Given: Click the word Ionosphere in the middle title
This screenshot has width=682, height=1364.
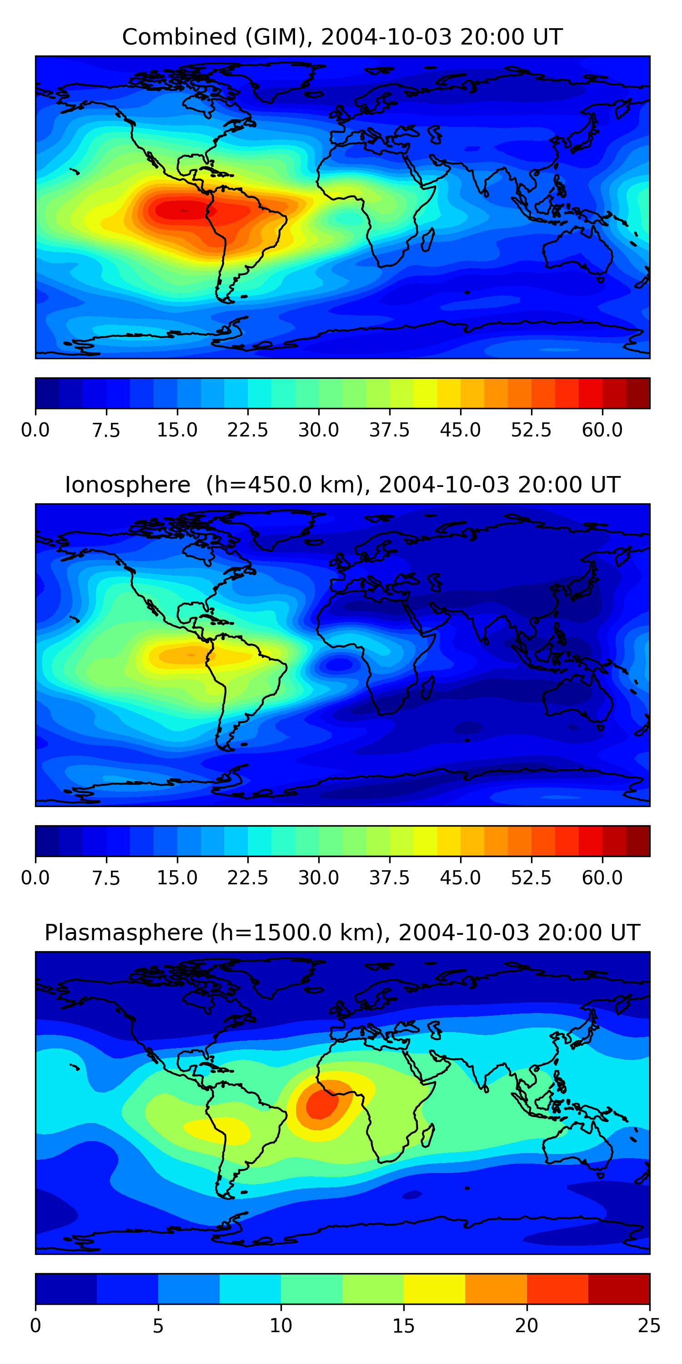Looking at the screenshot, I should tap(127, 485).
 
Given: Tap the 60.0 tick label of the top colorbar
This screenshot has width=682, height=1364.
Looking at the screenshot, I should tap(602, 430).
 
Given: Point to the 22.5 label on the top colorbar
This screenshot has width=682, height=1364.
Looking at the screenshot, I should tap(248, 430).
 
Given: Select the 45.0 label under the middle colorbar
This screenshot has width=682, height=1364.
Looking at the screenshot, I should tap(460, 878).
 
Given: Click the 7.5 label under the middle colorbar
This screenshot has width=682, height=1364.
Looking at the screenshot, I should tap(106, 878).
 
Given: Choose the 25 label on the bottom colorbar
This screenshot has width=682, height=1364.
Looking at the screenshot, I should tap(649, 1326).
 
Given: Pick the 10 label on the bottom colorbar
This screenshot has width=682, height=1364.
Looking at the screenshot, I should tap(281, 1326).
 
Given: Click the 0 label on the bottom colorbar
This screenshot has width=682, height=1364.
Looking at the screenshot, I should tap(35, 1326).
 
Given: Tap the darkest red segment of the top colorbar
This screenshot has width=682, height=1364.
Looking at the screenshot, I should tap(637, 393).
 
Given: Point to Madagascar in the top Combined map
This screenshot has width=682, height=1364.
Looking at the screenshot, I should tap(428, 239).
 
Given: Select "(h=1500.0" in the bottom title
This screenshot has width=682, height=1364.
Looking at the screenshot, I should tap(296, 933).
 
